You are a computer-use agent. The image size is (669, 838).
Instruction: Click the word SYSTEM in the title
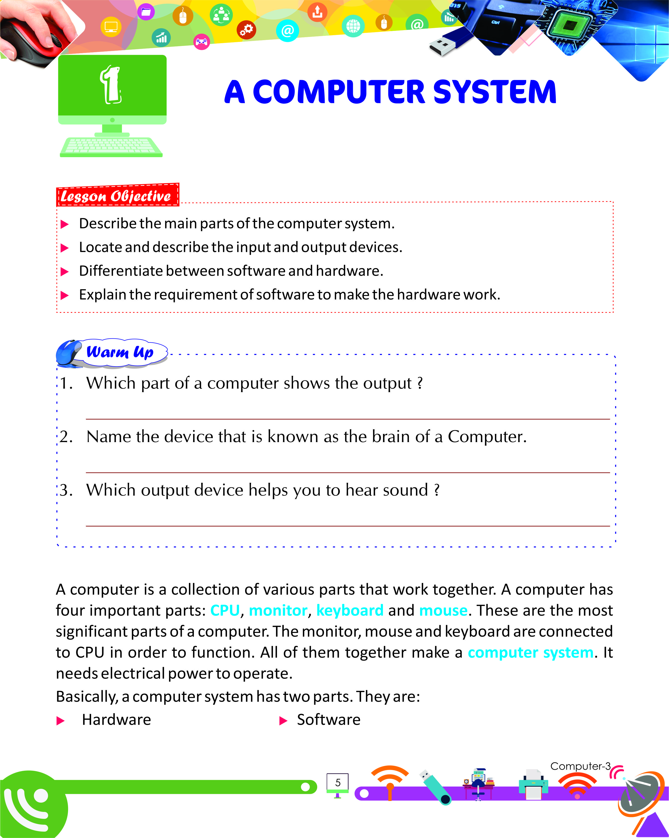tap(494, 92)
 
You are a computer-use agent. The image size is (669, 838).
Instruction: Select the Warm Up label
tap(120, 352)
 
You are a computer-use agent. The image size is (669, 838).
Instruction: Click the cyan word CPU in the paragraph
tap(225, 610)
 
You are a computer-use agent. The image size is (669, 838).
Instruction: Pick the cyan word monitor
tap(278, 610)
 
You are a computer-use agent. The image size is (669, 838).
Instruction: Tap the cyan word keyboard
tap(350, 610)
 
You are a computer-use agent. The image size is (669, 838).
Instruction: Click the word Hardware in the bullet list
tap(116, 720)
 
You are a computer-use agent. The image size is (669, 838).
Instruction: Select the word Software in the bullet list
tap(328, 720)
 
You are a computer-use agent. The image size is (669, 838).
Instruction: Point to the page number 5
tap(338, 783)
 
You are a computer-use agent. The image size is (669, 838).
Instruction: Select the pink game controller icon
tap(201, 42)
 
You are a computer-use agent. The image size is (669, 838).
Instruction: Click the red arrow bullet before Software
tap(283, 721)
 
